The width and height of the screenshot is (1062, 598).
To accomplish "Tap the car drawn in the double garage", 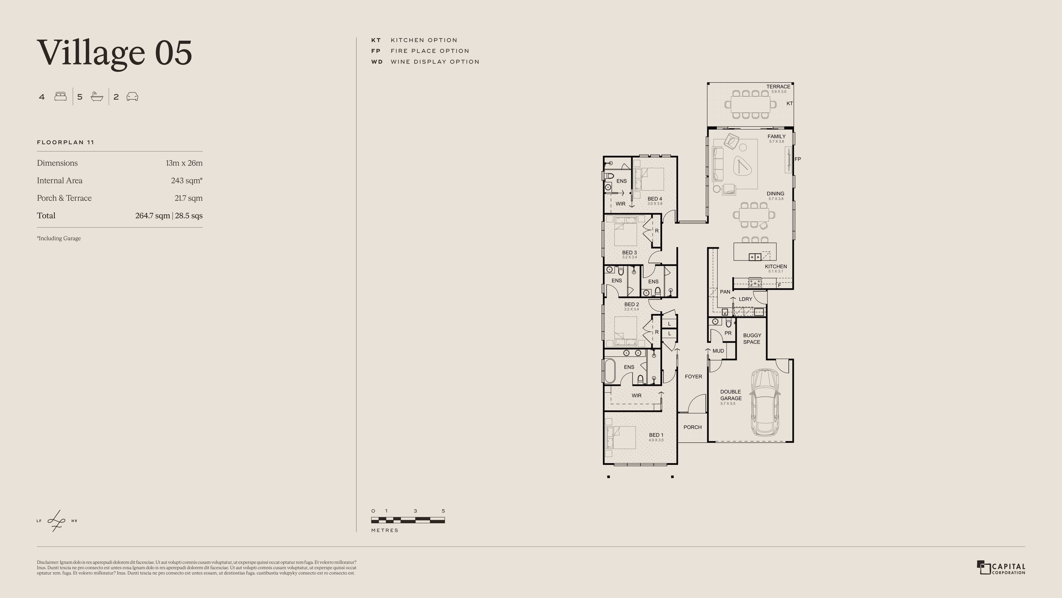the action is coord(765,402).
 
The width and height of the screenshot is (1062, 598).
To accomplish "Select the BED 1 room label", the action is coord(656,435).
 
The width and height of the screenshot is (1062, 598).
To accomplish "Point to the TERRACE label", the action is coord(778,87).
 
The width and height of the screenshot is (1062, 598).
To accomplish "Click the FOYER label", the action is coord(693,377).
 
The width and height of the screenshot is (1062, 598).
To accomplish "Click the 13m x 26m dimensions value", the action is coord(184,163).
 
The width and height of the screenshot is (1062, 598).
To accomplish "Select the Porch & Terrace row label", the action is coord(64,198).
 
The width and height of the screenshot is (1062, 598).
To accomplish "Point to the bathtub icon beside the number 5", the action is coord(97,97).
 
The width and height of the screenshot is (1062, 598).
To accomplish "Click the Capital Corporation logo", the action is coord(1001,568).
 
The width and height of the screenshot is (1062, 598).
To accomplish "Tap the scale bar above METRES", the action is coord(408,520).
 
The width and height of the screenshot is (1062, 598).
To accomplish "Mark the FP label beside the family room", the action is coord(797,159).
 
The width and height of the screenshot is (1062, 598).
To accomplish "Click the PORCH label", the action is coord(692,427).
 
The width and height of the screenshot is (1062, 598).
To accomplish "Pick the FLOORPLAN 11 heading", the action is coord(66,142).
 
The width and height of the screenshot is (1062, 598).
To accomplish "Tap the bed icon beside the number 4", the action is coord(61,97).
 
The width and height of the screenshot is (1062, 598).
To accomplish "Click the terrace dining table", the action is coord(750,104).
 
